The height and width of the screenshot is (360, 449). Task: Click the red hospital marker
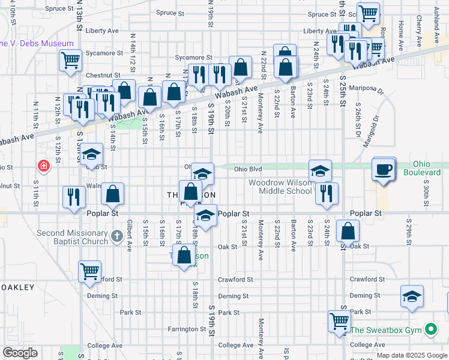tap(43, 165)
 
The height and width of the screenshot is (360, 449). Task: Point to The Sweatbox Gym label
tap(387, 329)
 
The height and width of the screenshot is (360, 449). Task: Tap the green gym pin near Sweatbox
tap(430, 329)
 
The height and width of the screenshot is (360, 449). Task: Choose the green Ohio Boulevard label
tap(427, 168)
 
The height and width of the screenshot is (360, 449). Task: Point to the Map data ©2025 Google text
tap(412, 355)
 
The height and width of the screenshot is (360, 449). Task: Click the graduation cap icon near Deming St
tap(412, 296)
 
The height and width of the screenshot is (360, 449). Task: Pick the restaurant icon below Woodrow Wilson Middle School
tap(327, 193)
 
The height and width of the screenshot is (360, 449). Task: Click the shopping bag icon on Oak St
tap(348, 231)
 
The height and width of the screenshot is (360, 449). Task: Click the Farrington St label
tap(187, 329)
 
